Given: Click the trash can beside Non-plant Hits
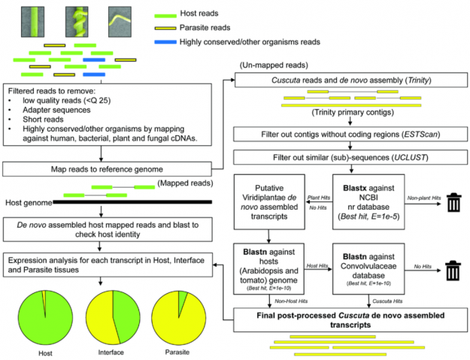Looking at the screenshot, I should tap(453, 203).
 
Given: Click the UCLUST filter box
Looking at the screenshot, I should tap(347, 158).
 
